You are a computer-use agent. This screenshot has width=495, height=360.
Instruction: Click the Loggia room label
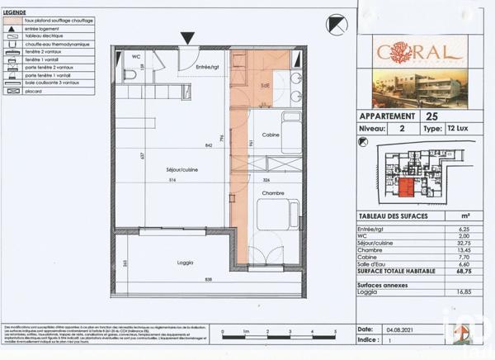185,263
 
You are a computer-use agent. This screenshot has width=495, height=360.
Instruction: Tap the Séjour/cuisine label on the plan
182,169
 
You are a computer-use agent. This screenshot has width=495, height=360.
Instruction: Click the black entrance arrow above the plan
187,37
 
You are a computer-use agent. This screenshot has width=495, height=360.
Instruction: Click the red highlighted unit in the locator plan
407,186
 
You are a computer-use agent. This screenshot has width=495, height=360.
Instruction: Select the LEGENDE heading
16,12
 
